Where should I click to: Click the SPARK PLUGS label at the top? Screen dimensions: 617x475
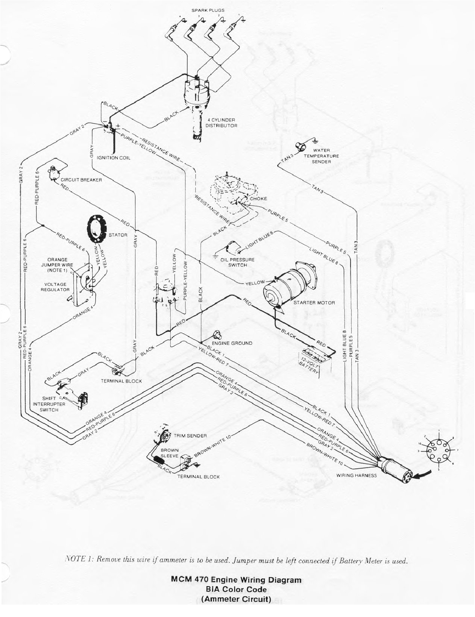coord(211,11)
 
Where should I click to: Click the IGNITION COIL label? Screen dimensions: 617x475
coord(114,158)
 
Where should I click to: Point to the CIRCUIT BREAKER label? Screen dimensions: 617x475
coord(81,180)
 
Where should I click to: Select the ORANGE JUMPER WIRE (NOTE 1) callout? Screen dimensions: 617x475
coord(57,265)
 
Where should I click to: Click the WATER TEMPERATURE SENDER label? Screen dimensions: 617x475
coord(321,156)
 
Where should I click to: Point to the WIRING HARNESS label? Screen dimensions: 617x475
coord(356,475)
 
